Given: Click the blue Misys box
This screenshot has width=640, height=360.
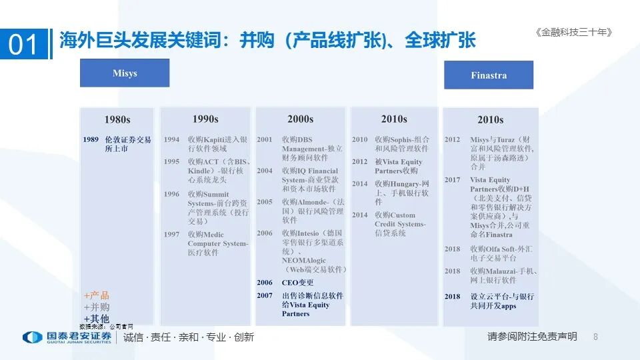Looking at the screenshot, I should pyautogui.click(x=125, y=73).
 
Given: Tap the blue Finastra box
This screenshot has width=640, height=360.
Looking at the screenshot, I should pyautogui.click(x=489, y=75).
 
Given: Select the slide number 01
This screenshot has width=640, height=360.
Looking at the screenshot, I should pyautogui.click(x=24, y=44).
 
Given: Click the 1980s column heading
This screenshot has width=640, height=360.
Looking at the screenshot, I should pyautogui.click(x=117, y=120).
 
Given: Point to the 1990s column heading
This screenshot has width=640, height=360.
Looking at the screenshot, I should pyautogui.click(x=205, y=119).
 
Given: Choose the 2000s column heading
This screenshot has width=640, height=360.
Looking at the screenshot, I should pyautogui.click(x=300, y=119).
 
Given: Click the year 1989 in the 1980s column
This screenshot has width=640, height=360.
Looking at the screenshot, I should pyautogui.click(x=91, y=140).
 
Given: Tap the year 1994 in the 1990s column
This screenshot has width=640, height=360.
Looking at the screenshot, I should pyautogui.click(x=171, y=140).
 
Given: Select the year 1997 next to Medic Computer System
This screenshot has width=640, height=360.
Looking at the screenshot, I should pyautogui.click(x=171, y=235).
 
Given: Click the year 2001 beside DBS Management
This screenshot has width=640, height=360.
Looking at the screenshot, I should pyautogui.click(x=265, y=140).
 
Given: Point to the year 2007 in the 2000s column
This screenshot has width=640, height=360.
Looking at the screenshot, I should pyautogui.click(x=265, y=295).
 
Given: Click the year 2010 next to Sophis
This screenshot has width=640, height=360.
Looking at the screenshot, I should pyautogui.click(x=360, y=140).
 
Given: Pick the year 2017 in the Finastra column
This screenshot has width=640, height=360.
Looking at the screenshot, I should pyautogui.click(x=453, y=180).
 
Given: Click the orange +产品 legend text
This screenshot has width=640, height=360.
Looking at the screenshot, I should pyautogui.click(x=97, y=295).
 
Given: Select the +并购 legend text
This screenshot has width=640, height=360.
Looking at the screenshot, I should pyautogui.click(x=97, y=307).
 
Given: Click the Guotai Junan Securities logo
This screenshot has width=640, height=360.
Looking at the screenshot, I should pyautogui.click(x=67, y=337).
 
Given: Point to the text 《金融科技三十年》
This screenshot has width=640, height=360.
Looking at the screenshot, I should pyautogui.click(x=573, y=32).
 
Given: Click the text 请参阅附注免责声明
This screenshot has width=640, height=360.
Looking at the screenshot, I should pyautogui.click(x=532, y=337).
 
